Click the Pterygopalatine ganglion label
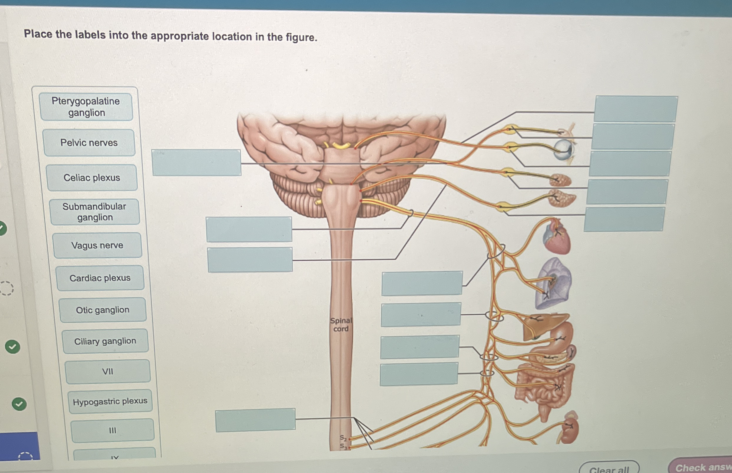pos(86,107)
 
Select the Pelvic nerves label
pos(89,143)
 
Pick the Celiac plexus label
pos(92,178)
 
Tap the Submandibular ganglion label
pos(94,212)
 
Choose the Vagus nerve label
pos(97,246)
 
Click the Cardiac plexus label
pos(100,278)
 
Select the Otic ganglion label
pos(103,310)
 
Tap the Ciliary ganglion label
pos(105,341)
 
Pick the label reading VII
pos(108,372)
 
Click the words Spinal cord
pos(341,325)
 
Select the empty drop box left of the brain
pos(196,162)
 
